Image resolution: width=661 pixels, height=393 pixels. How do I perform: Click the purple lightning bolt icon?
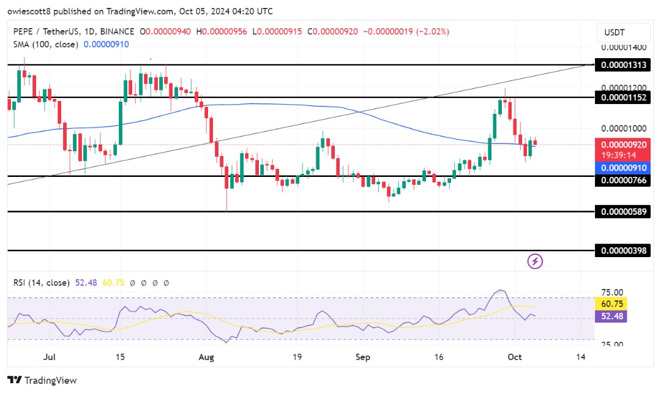click(535, 262)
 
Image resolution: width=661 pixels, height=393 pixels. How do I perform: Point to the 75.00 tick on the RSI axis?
click(613, 293)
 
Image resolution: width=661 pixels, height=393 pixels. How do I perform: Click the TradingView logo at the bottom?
click(43, 380)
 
